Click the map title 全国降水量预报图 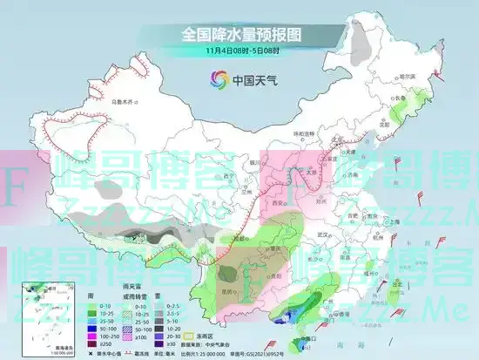(x=239, y=35)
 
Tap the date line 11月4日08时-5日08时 (x=239, y=51)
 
